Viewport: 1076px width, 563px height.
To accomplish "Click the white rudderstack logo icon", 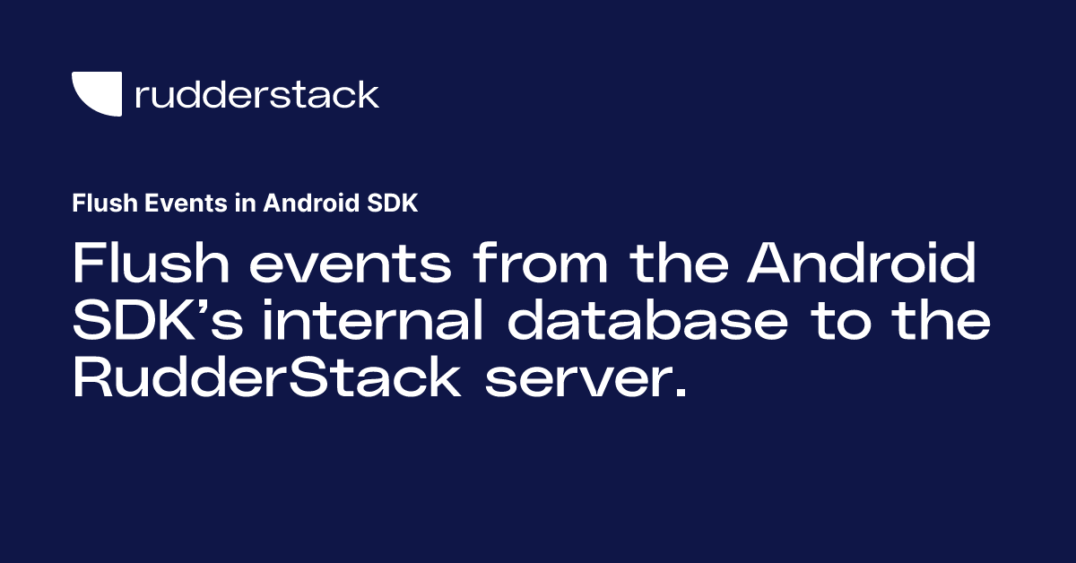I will click(x=97, y=94).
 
